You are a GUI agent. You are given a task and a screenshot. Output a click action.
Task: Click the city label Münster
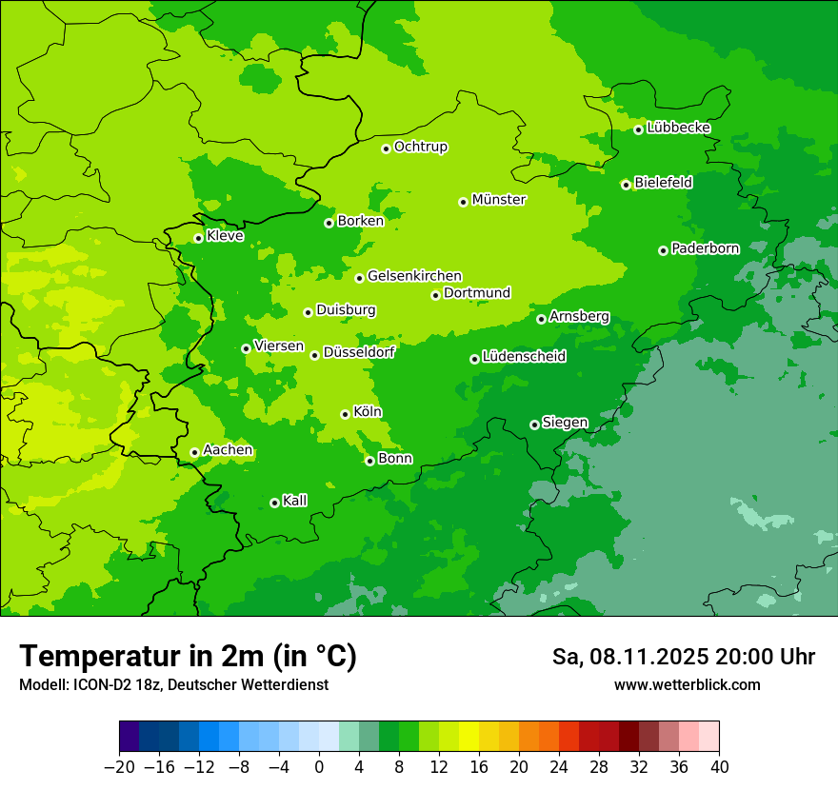coord(499,200)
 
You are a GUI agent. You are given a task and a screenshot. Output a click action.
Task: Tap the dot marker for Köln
coord(345,414)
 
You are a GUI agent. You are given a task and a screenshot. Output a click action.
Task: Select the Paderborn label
coord(705,248)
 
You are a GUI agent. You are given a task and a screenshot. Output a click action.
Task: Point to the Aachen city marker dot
coord(194,453)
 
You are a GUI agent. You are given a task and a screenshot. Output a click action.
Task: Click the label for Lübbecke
coord(678,128)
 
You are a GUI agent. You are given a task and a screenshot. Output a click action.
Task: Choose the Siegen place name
coord(565,423)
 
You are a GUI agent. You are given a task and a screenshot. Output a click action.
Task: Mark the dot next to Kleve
coord(198,238)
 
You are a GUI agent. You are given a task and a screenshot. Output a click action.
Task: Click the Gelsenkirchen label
coord(414,276)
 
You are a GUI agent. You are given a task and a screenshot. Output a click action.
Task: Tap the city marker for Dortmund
coord(435,295)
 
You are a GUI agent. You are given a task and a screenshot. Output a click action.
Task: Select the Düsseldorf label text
coord(359,352)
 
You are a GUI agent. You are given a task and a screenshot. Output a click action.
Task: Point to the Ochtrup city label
coord(420,147)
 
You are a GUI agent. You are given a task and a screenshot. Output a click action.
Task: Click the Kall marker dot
coord(274,503)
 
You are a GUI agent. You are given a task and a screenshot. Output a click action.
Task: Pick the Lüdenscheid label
coord(524,357)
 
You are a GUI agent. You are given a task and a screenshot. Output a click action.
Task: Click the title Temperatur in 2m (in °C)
coord(188,656)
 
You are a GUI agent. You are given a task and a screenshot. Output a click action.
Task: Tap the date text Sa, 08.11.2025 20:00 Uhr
coord(683,657)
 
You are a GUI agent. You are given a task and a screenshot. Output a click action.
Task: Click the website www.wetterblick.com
coord(687,684)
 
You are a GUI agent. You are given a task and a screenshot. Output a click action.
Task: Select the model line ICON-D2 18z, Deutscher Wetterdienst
coord(173,684)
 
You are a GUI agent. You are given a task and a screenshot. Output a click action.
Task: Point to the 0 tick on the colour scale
coord(319,767)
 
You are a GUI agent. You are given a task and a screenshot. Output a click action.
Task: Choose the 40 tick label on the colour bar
coord(719,767)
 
